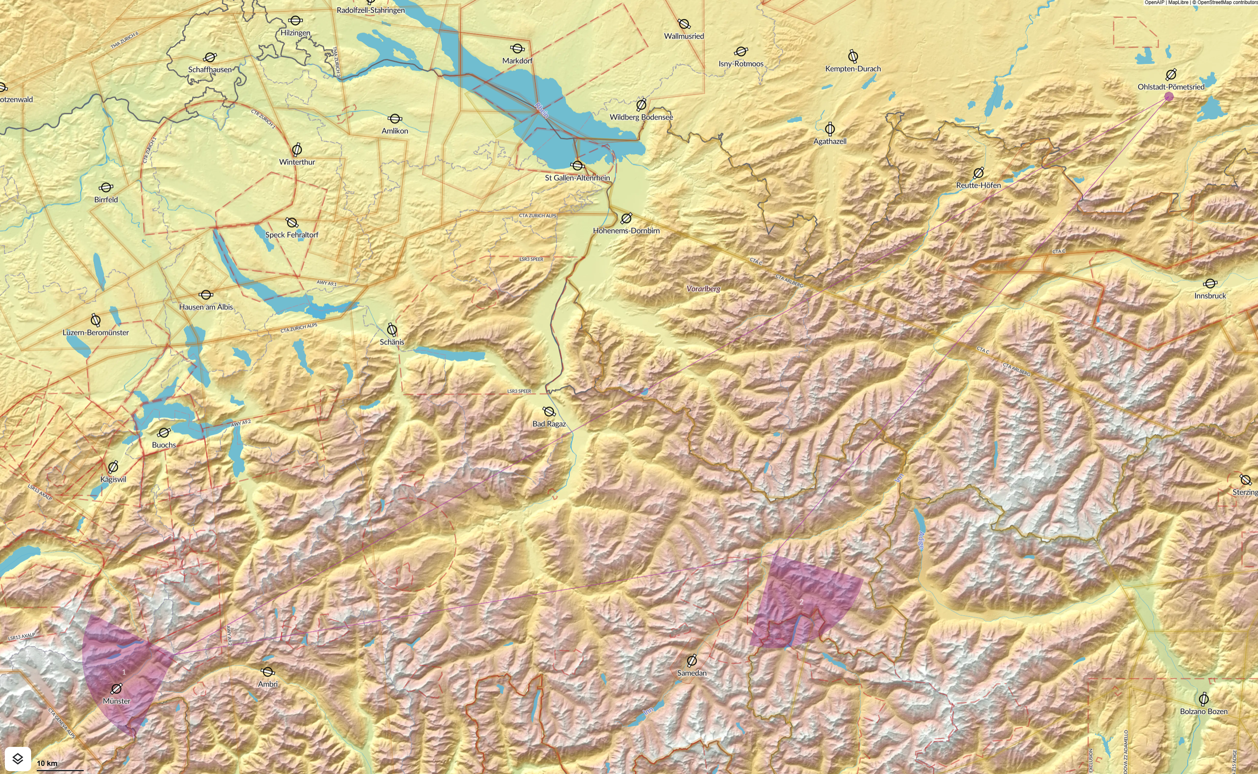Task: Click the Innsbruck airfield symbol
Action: tap(1210, 283)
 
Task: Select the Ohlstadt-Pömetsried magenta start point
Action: tap(1169, 97)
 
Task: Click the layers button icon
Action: tap(18, 758)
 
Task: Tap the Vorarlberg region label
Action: tap(703, 289)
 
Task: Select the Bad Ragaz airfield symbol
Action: tap(549, 412)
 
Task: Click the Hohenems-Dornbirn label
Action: tap(626, 231)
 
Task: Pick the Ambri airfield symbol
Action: tap(268, 672)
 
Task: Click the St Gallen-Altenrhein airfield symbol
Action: tap(577, 165)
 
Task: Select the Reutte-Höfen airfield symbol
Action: tap(978, 173)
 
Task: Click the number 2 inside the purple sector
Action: tap(801, 602)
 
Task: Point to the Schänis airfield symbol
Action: tap(392, 329)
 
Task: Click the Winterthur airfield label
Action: tap(297, 162)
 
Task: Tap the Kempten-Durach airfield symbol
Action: tap(853, 56)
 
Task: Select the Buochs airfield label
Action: tap(164, 445)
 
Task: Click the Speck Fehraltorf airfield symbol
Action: tap(292, 223)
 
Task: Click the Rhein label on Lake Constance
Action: tap(541, 110)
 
